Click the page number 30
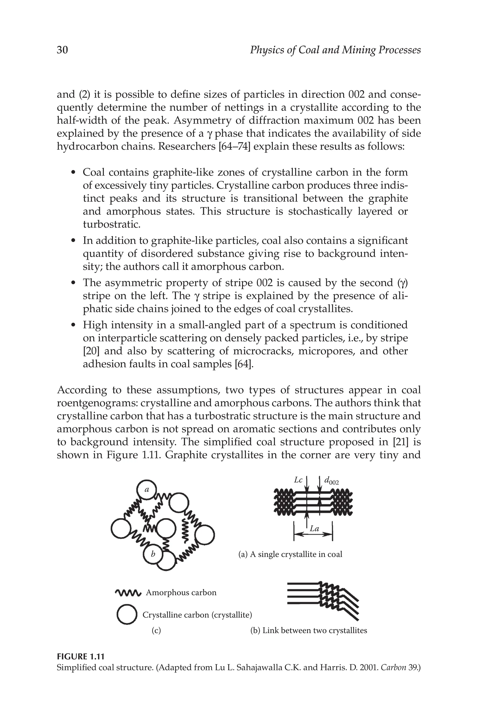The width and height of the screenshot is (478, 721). (x=62, y=50)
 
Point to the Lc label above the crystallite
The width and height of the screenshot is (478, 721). (x=298, y=480)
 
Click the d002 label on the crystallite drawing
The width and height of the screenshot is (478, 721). (x=331, y=481)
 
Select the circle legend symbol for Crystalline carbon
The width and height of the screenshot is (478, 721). (x=126, y=615)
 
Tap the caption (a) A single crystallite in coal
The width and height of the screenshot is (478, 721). (x=290, y=554)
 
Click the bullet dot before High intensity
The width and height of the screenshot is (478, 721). (x=73, y=326)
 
